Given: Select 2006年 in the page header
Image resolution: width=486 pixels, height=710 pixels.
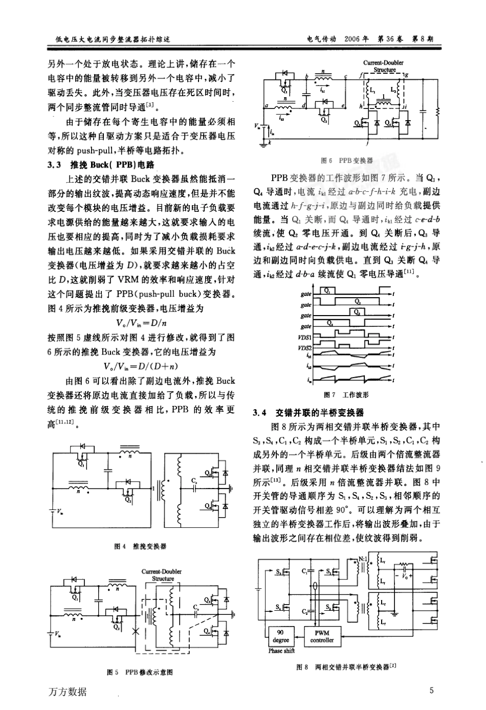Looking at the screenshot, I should coord(357,39).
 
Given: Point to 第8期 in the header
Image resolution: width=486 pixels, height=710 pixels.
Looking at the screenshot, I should coord(423,39).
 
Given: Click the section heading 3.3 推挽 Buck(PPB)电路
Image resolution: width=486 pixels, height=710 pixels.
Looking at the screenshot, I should coord(100,165).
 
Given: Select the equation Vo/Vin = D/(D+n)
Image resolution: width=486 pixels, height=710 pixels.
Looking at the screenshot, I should coord(141,366).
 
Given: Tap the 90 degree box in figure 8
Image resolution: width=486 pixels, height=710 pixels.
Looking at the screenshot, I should coord(281,636).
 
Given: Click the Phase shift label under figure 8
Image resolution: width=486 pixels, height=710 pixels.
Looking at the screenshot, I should coord(282,651).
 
